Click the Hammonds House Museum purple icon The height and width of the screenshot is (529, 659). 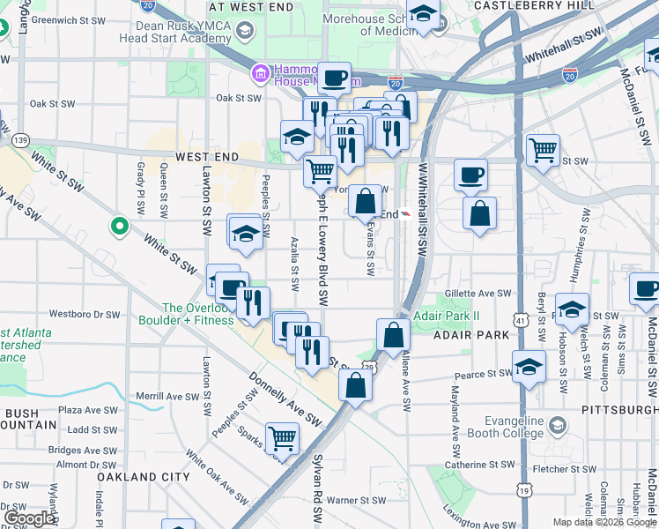pos(260,72)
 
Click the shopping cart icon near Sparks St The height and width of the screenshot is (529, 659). pos(282,436)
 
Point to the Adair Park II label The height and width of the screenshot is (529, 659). pos(448,315)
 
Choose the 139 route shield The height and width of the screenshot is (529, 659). pos(21,140)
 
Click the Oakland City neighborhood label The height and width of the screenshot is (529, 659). pos(144,476)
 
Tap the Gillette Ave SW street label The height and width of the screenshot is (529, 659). pos(478,293)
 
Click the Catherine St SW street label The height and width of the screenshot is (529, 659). pos(479,464)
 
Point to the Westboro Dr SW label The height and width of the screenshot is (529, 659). pos(84,314)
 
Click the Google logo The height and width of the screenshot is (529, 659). pos(29,518)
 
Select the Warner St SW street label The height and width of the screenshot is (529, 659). pos(356,500)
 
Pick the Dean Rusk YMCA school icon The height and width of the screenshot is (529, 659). pos(244,31)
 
